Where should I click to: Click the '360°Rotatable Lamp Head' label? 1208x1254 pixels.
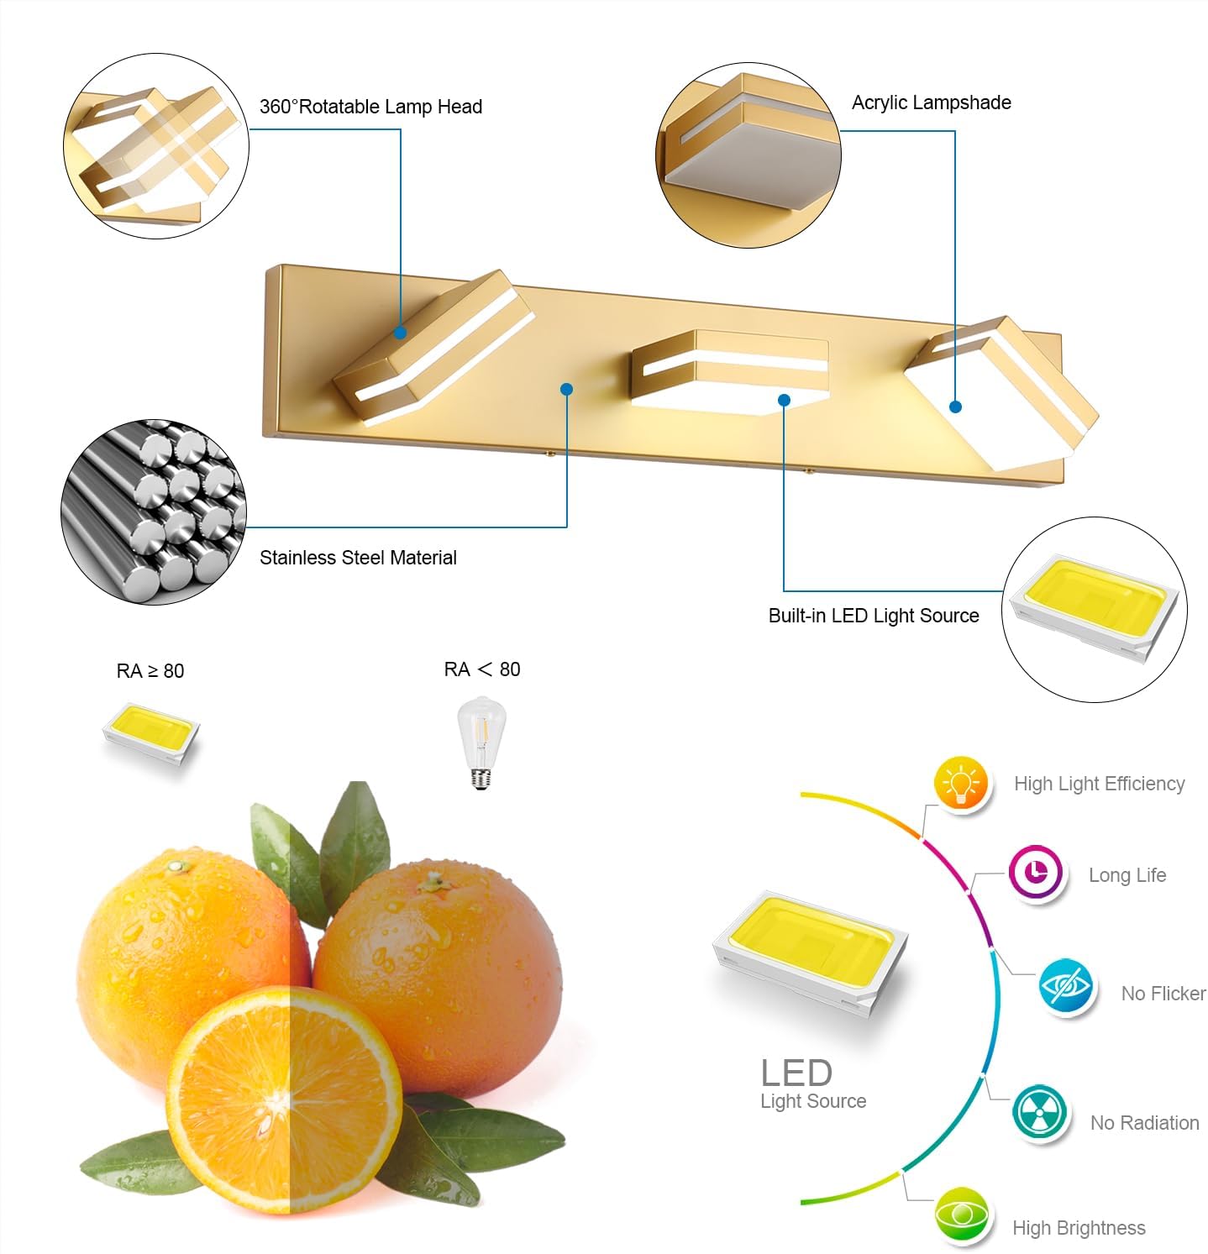pos(370,107)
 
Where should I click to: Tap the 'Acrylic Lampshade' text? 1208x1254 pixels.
pos(931,102)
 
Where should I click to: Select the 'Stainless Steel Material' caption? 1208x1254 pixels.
pos(358,558)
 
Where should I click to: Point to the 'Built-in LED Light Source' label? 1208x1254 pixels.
pos(874,616)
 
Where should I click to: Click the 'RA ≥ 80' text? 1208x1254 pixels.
pos(150,671)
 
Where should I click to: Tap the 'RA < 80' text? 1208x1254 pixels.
pos(482,669)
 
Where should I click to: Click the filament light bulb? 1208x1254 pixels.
pos(481,742)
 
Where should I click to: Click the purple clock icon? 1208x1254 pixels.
pos(1037,873)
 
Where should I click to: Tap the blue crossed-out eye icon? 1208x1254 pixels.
pos(1066,986)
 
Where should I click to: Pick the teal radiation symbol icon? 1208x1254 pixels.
pos(1040,1113)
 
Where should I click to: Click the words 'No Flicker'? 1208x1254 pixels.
pos(1163,994)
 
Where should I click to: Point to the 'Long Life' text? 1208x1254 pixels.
pos(1127,875)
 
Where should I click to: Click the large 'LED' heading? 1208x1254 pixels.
pos(796,1073)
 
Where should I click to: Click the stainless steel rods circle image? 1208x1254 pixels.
pos(154,512)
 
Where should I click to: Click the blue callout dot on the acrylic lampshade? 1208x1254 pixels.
pos(955,407)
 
